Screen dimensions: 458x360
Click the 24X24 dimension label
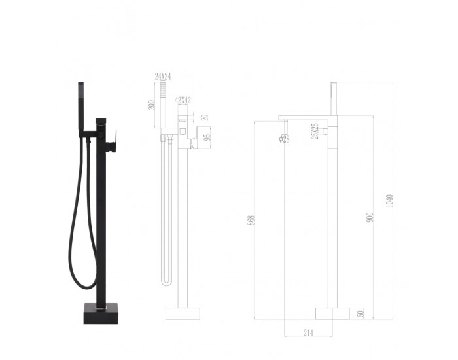point(163,77)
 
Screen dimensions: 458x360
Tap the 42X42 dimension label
point(183,101)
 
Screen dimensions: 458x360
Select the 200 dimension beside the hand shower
point(151,105)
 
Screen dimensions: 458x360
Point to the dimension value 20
point(205,117)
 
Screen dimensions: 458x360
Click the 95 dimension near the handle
point(207,137)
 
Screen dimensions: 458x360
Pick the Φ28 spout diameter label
point(284,139)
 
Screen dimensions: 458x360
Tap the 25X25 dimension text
point(315,131)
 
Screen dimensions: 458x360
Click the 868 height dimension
point(251,221)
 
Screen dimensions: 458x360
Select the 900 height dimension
point(370,217)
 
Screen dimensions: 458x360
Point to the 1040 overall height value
point(389,201)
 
